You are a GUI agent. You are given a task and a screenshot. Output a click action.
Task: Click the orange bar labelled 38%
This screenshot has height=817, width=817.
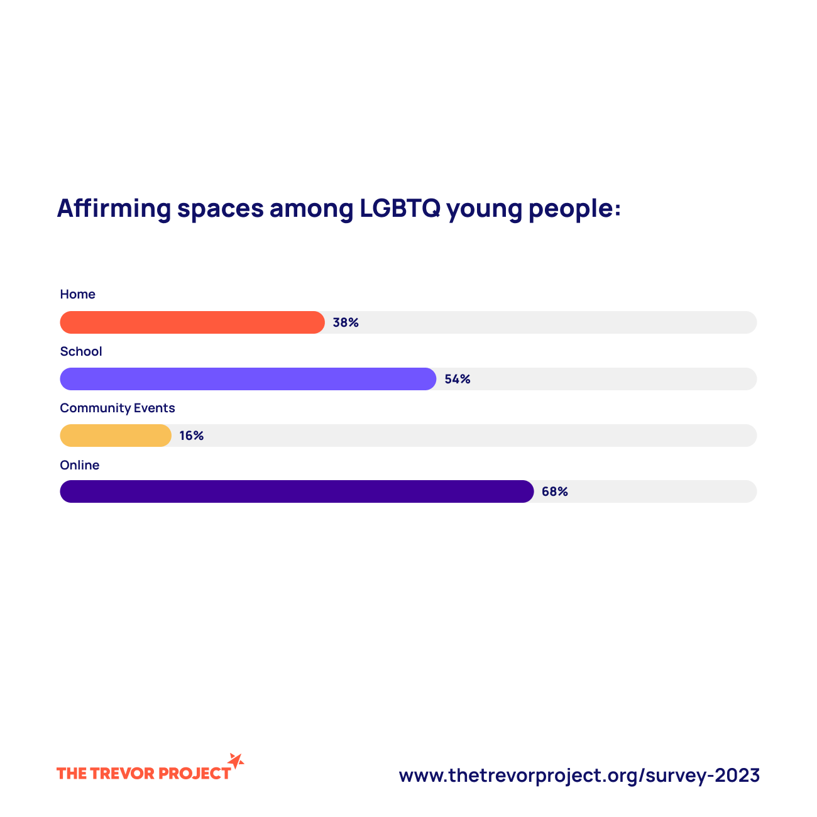[x=192, y=322]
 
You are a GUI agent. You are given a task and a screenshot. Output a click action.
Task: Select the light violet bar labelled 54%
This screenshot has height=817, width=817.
[x=248, y=379]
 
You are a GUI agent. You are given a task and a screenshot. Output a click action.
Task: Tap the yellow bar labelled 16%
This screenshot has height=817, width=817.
[x=116, y=436]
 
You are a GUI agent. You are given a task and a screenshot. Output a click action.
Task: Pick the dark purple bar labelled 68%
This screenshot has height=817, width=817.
[x=297, y=491]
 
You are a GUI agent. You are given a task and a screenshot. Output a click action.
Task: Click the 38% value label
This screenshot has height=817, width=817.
[x=346, y=322]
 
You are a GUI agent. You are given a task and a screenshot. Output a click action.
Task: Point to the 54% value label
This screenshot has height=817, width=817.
[x=458, y=379]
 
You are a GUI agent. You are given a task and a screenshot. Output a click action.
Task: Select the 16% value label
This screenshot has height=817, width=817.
[x=192, y=436]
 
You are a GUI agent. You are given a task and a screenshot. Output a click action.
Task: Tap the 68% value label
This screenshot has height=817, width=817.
[x=555, y=491]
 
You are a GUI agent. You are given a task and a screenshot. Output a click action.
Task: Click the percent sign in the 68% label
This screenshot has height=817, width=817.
[x=563, y=491]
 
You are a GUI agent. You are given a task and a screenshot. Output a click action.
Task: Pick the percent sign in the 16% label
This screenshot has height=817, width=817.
[x=199, y=436]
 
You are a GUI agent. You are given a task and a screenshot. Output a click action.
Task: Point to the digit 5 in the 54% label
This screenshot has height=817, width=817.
[x=449, y=379]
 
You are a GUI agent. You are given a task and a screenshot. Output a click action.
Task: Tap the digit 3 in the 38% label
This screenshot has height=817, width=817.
[x=337, y=322]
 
